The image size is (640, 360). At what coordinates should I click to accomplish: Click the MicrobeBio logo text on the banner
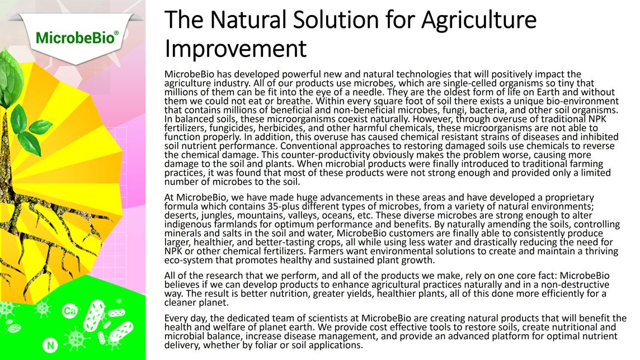(77, 38)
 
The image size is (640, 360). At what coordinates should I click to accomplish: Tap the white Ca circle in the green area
(69, 311)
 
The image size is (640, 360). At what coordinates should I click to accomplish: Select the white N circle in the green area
(50, 345)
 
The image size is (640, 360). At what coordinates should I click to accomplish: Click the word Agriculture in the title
(479, 20)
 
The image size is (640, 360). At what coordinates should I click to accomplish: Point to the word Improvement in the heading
(236, 49)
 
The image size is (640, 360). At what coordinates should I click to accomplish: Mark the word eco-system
(183, 260)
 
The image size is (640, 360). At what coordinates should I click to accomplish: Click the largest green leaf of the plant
(11, 79)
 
